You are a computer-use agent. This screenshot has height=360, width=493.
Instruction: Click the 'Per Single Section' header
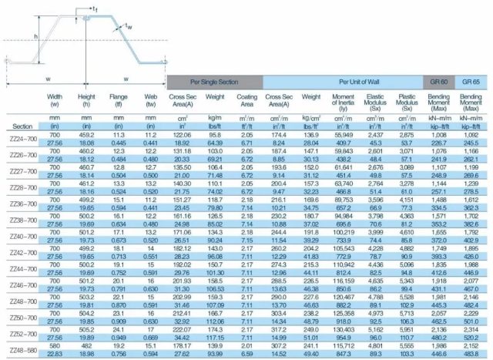214,81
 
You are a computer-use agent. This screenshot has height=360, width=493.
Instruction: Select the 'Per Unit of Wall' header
343,81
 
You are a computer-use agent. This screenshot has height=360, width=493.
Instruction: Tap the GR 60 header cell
438,81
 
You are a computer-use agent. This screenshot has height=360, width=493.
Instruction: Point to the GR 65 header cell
470,81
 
